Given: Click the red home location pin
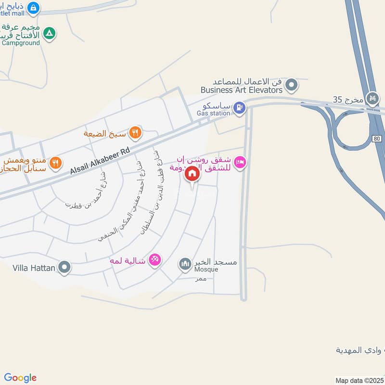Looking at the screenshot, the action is click(192, 174).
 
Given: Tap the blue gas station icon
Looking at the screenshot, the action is click(239, 108).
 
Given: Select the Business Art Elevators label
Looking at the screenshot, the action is click(241, 90).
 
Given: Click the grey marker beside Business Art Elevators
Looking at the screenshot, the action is click(291, 86).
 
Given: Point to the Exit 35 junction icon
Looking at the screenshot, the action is click(372, 99).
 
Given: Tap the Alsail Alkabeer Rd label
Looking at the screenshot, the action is click(101, 161).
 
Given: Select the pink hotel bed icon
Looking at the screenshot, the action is click(242, 163).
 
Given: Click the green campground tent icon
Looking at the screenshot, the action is click(49, 34).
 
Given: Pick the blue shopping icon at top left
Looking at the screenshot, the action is click(33, 8).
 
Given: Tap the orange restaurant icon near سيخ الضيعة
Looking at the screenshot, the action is click(136, 133).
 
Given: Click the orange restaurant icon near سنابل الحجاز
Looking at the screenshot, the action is click(56, 163).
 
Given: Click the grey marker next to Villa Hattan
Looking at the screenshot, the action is click(64, 267).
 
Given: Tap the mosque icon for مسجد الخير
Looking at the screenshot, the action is click(185, 264).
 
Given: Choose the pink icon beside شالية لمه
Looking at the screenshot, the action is click(155, 260).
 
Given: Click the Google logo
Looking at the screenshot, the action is click(20, 378).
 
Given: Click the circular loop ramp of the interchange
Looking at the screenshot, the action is click(352, 130).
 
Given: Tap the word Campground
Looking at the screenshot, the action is click(22, 43).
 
